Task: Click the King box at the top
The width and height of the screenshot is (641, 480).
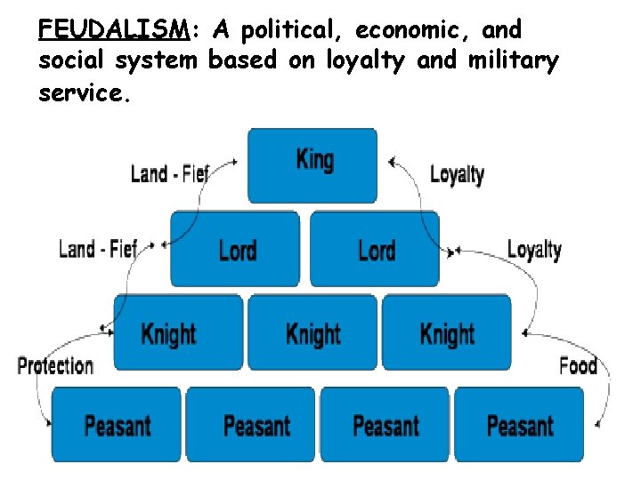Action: click(x=312, y=165)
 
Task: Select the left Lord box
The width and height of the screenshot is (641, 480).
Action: click(x=235, y=248)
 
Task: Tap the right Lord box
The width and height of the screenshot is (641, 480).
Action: click(x=375, y=248)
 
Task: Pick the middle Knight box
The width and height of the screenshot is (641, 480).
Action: click(x=312, y=333)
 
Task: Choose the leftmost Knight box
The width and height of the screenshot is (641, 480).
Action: click(x=178, y=333)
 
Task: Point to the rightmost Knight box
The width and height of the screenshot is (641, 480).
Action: click(x=447, y=333)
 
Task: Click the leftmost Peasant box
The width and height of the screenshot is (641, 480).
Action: click(x=117, y=425)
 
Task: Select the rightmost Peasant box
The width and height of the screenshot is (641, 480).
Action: click(x=519, y=425)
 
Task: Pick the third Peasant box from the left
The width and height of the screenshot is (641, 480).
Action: click(x=385, y=425)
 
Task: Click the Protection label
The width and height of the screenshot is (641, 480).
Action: click(x=55, y=365)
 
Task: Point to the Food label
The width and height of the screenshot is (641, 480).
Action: click(x=578, y=365)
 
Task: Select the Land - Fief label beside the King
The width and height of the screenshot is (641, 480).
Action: click(x=169, y=173)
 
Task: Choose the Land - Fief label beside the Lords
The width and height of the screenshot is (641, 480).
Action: click(x=98, y=249)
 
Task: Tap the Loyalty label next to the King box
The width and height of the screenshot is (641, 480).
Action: click(x=457, y=174)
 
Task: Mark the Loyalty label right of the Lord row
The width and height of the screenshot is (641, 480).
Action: click(x=534, y=250)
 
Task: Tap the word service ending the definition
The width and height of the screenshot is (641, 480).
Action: click(x=85, y=92)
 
